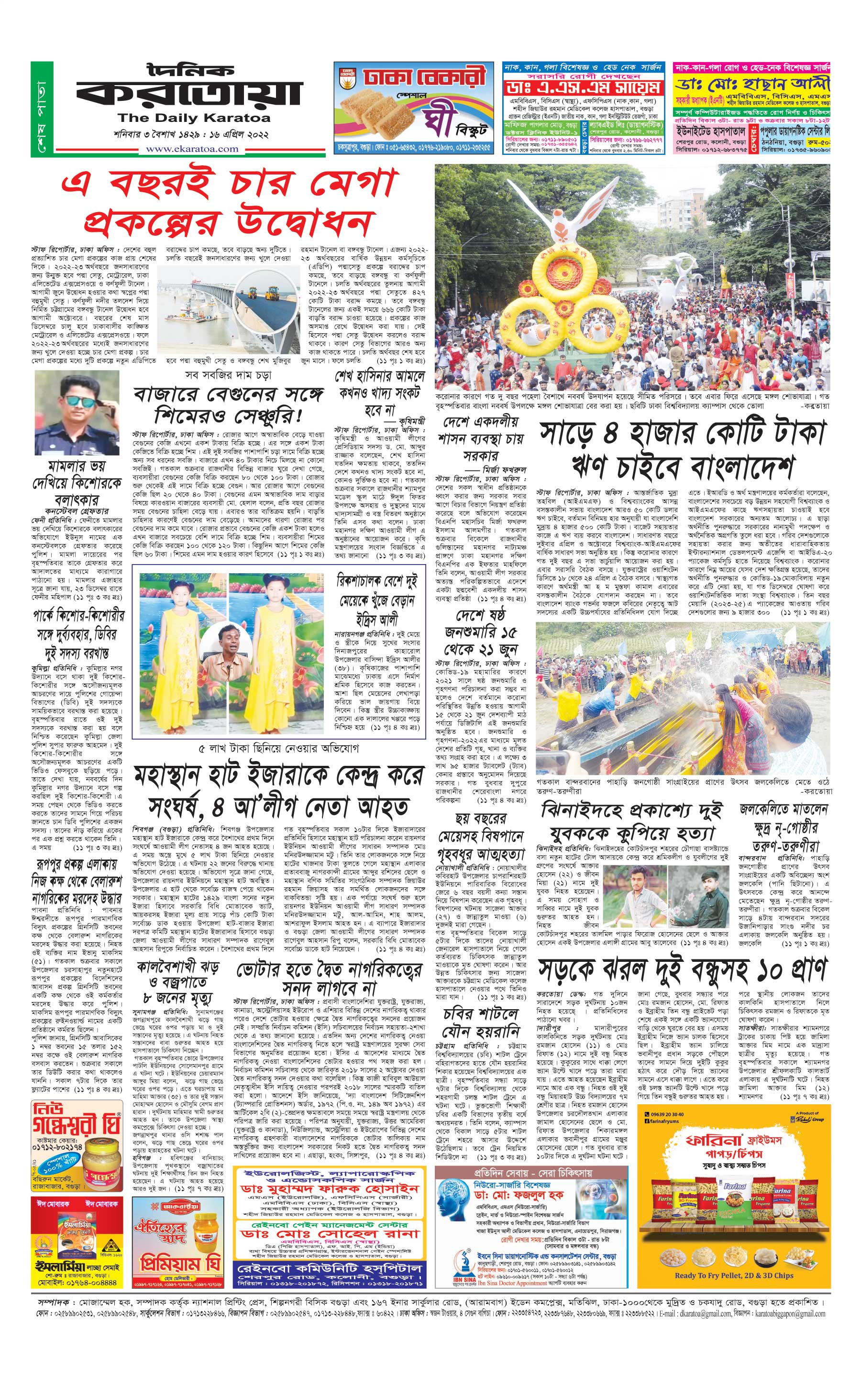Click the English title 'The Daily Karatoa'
click(x=194, y=119)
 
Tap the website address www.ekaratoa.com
click(x=192, y=149)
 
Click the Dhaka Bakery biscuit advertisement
click(x=413, y=108)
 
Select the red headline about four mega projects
click(x=228, y=204)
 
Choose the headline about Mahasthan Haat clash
click(x=278, y=791)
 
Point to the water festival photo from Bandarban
click(x=682, y=698)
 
